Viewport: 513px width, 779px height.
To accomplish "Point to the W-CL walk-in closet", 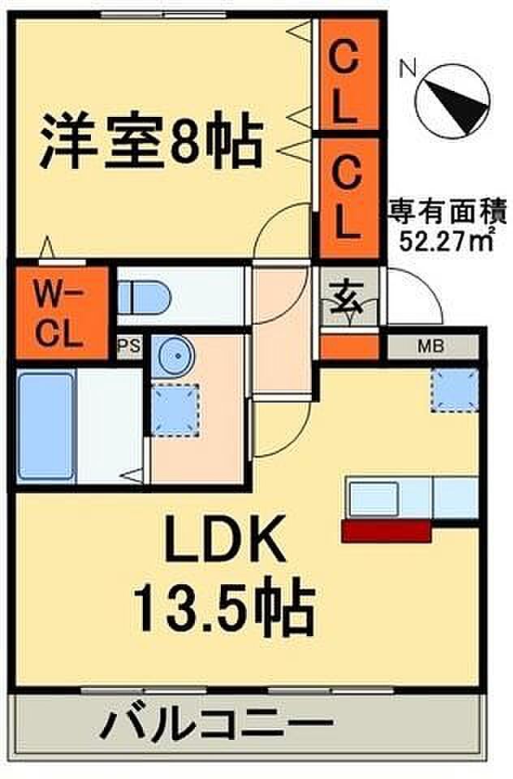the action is (x=63, y=313).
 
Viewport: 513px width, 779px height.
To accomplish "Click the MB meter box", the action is (x=432, y=346).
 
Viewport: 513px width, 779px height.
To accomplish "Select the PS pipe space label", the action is (x=130, y=345).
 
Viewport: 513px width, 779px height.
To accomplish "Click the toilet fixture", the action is (x=144, y=298).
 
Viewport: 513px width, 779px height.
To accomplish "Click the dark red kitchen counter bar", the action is (x=386, y=531).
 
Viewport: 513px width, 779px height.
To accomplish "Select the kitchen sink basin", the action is (x=374, y=499).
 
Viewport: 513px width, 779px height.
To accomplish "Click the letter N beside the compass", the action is (x=408, y=68).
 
